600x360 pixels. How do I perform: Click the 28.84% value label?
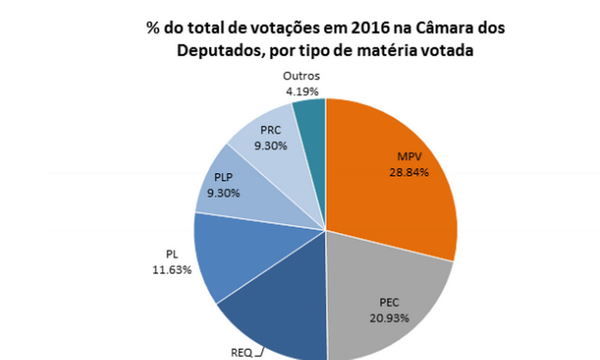click(408, 172)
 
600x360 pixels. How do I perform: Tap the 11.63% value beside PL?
click(172, 270)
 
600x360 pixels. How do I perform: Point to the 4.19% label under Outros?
click(302, 91)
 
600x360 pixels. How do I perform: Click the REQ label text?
click(241, 353)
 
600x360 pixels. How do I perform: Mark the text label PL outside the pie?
click(171, 255)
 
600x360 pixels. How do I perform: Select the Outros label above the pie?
click(301, 76)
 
